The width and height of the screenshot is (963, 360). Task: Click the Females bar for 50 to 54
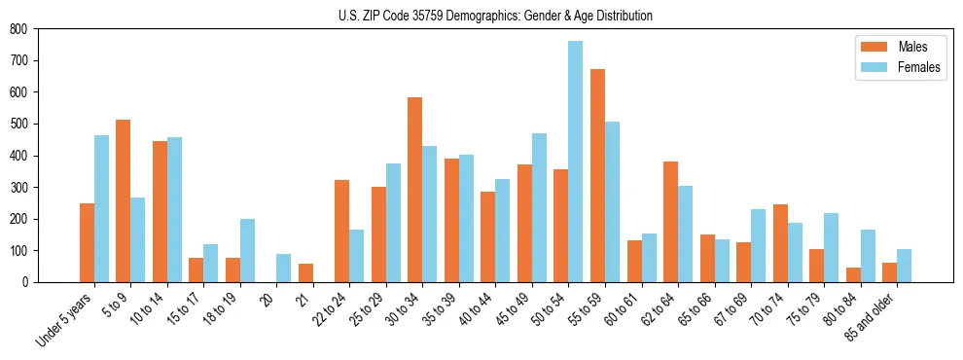pyautogui.click(x=576, y=162)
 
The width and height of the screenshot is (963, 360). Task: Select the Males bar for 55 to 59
pyautogui.click(x=597, y=175)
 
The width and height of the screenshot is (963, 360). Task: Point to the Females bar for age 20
pyautogui.click(x=284, y=268)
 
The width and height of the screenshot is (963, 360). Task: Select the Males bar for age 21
pyautogui.click(x=305, y=272)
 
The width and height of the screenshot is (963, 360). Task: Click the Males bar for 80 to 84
pyautogui.click(x=853, y=274)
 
